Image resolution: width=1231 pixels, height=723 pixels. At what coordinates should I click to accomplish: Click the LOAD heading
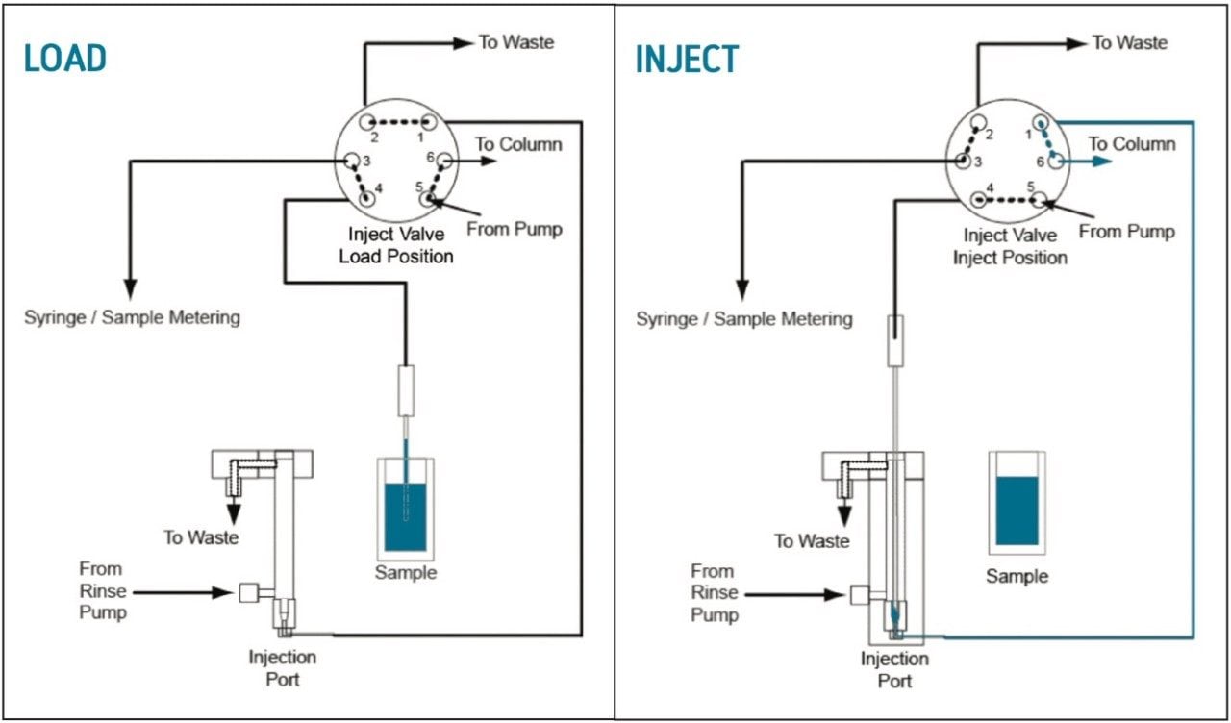tap(65, 59)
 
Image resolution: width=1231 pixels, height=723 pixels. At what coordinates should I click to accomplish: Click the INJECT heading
tap(687, 60)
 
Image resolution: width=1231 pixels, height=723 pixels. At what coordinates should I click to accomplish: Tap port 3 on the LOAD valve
tap(352, 162)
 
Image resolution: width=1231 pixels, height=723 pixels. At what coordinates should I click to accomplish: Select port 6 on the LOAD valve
tap(446, 162)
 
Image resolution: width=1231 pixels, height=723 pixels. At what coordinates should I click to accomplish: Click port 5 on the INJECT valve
tap(1039, 200)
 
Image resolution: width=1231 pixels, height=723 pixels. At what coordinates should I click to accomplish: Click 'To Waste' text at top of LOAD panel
tap(515, 42)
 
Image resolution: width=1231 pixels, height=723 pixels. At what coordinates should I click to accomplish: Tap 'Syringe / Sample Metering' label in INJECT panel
tap(743, 318)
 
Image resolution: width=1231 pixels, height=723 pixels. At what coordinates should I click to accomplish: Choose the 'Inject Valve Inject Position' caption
tap(1010, 247)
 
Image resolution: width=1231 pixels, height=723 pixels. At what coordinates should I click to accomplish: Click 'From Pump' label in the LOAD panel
tap(514, 229)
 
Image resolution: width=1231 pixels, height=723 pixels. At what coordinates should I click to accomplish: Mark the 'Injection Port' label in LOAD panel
tap(282, 668)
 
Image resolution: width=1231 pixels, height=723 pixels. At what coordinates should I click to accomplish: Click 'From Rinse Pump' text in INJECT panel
tap(714, 592)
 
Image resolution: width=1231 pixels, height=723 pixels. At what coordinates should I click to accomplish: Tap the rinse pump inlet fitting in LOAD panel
tap(250, 592)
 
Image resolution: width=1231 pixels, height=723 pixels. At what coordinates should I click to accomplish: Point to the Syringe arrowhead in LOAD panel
tap(130, 287)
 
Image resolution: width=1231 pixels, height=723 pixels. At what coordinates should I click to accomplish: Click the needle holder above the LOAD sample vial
tap(405, 389)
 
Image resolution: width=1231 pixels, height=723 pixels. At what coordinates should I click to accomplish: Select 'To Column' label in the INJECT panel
tap(1131, 144)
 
